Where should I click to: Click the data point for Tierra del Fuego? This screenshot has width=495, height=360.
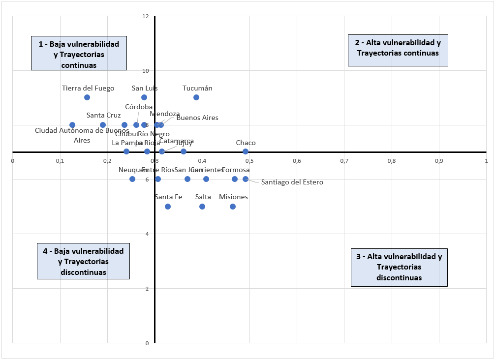pyautogui.click(x=87, y=97)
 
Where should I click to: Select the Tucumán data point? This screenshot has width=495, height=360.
pyautogui.click(x=196, y=97)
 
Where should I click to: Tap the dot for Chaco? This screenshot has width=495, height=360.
pyautogui.click(x=246, y=151)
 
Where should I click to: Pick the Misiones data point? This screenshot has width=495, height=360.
pyautogui.click(x=233, y=207)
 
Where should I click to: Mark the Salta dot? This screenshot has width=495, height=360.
pyautogui.click(x=202, y=207)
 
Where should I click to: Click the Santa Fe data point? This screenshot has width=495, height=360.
pyautogui.click(x=168, y=207)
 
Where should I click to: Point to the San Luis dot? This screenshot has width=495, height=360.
pyautogui.click(x=144, y=97)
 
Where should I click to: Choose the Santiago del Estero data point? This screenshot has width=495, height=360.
pyautogui.click(x=246, y=179)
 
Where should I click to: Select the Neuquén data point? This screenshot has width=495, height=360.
pyautogui.click(x=132, y=179)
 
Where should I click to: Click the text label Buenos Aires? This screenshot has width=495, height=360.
pyautogui.click(x=197, y=118)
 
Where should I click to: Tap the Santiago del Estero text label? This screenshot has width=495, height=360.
pyautogui.click(x=292, y=182)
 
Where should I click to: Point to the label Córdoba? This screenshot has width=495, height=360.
pyautogui.click(x=139, y=107)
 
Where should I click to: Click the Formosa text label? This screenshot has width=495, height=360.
pyautogui.click(x=236, y=170)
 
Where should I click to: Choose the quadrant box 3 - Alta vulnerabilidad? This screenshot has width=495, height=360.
pyautogui.click(x=399, y=267)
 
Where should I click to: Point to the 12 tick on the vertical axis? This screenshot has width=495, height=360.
pyautogui.click(x=146, y=16)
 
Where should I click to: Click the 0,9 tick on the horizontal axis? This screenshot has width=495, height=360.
pyautogui.click(x=439, y=160)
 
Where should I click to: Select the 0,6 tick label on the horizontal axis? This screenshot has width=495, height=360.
pyautogui.click(x=297, y=160)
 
